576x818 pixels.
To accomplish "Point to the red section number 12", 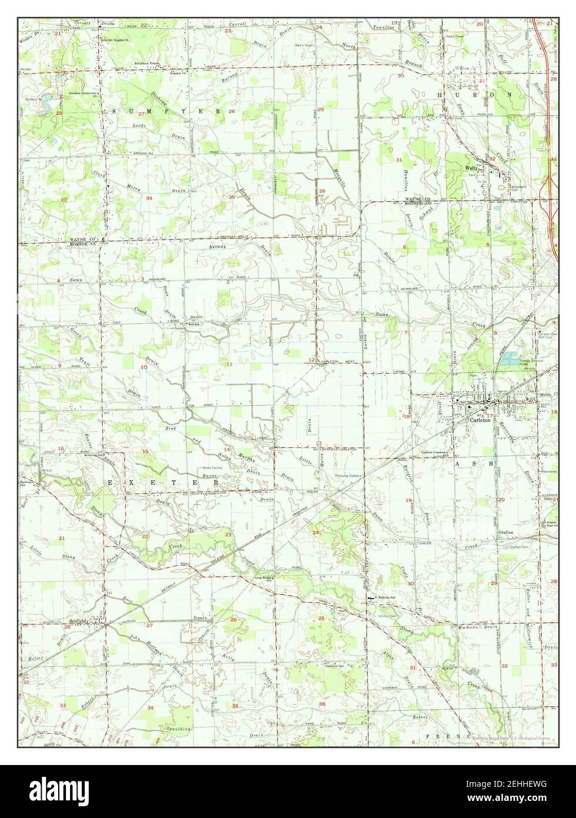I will (312, 360).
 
